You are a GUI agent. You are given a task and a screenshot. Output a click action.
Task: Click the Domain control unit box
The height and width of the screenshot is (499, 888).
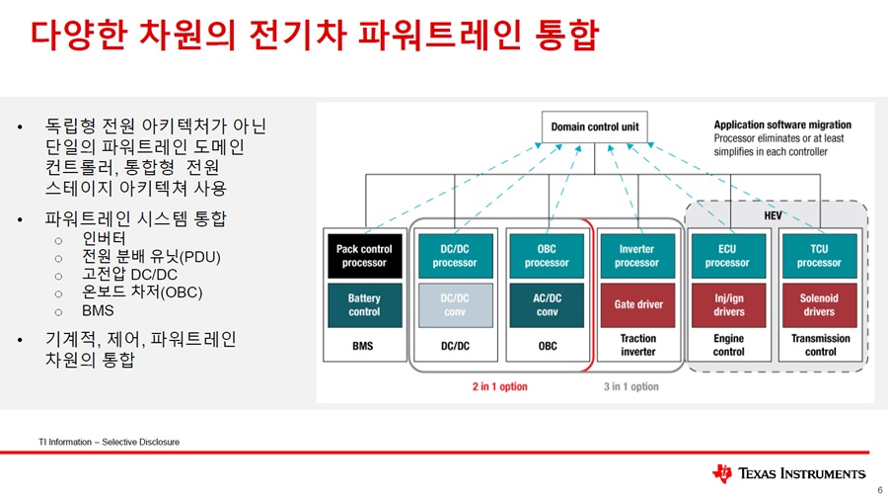pos(595,127)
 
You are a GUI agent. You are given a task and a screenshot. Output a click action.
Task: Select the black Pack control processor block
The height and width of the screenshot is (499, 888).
pos(365,256)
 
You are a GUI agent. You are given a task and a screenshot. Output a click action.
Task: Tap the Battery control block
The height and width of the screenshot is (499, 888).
pos(365,305)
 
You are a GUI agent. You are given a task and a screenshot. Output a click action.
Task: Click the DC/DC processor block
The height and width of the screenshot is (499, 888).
pos(455,256)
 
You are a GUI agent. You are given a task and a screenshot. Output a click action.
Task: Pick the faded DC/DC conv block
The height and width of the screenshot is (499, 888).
pos(455,305)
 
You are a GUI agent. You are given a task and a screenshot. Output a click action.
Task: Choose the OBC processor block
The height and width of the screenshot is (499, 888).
pos(547,256)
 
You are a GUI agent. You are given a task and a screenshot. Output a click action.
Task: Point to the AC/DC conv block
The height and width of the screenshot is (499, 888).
pos(547,305)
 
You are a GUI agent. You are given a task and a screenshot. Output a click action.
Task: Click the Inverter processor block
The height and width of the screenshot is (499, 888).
pos(637,256)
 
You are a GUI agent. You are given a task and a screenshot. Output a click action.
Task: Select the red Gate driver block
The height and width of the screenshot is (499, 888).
pos(637,305)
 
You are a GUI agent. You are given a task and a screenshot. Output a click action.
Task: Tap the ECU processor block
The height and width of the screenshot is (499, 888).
pos(728,256)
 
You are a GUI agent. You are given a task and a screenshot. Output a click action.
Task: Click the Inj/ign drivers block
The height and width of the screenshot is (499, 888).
pos(728,305)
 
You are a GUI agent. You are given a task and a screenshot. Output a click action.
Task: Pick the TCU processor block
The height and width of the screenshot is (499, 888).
pos(820,256)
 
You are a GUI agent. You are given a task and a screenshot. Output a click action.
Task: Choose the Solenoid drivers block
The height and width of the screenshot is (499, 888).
pos(820,305)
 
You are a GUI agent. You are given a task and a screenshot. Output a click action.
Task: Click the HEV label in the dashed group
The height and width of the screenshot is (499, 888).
pos(773,215)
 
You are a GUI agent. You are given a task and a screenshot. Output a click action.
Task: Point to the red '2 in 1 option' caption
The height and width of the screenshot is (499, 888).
pos(500,386)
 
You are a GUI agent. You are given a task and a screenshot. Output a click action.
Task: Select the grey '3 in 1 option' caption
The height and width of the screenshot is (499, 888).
pos(630,386)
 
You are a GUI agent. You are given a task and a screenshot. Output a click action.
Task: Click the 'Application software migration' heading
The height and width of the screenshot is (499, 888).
pos(782,125)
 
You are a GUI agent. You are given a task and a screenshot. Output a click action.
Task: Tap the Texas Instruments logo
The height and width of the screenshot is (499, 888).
pos(789,473)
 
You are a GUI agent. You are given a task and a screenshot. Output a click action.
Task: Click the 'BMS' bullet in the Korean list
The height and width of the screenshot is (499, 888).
pos(98,310)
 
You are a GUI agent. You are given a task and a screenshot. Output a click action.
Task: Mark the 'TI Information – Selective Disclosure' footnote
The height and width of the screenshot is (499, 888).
pos(110,442)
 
